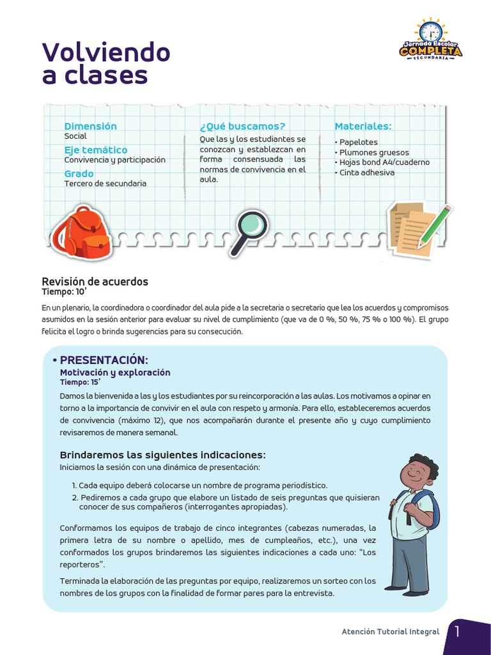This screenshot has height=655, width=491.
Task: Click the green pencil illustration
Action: click(435, 225)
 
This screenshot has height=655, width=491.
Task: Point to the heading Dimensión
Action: click(90, 126)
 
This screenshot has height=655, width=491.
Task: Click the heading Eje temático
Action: click(95, 150)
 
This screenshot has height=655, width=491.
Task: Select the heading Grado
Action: click(79, 173)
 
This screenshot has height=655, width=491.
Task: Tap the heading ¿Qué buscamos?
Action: click(242, 126)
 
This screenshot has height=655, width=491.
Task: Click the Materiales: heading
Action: click(362, 126)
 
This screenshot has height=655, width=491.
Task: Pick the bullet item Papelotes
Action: click(358, 142)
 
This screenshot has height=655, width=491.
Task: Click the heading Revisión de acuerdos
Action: click(95, 281)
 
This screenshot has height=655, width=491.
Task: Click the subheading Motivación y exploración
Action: click(115, 372)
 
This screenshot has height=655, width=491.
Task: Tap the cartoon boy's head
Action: click(417, 472)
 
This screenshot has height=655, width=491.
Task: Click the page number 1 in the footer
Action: click(457, 632)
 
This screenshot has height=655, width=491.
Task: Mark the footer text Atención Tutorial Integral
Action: click(391, 632)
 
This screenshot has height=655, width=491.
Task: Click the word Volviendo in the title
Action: click(106, 52)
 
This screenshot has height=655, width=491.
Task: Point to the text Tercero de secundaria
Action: click(105, 184)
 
